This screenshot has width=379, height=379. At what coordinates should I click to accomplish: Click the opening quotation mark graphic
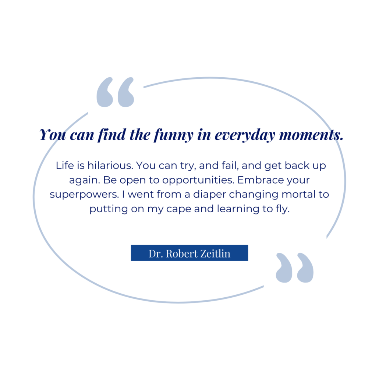[x=115, y=92]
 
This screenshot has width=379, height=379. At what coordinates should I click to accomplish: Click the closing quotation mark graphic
[x=295, y=268]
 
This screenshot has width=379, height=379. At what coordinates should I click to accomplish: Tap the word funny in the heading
[x=174, y=135]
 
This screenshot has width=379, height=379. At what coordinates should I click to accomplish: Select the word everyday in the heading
[x=245, y=135]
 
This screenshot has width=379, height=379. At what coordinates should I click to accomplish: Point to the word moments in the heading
[x=311, y=135]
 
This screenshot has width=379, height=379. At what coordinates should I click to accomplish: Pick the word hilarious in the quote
[x=110, y=166]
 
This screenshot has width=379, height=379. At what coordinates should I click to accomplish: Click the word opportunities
[x=198, y=180]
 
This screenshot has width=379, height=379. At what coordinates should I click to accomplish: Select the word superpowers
[x=84, y=195]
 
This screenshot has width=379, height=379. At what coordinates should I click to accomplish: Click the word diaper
[x=210, y=195]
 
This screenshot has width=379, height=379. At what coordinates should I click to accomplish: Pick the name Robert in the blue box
[x=182, y=254]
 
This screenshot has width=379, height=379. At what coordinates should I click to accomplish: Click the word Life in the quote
[x=65, y=166]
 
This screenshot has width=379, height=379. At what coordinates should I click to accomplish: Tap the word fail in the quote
[x=229, y=166]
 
